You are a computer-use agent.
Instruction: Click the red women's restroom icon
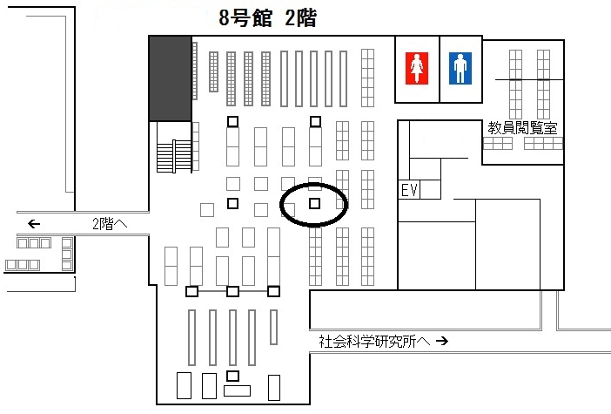click(417, 67)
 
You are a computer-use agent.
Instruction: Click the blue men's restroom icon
click(460, 67)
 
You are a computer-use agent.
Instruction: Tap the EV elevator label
click(410, 191)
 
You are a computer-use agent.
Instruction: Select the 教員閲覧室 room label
click(522, 128)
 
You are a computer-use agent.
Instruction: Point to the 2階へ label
click(110, 223)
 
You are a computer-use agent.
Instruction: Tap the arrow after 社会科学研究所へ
click(441, 341)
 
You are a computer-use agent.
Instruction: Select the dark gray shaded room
click(170, 78)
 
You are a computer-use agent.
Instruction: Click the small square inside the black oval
click(314, 204)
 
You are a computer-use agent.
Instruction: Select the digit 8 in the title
click(225, 18)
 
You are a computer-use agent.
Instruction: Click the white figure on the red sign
click(417, 67)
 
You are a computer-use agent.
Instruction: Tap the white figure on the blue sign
click(460, 67)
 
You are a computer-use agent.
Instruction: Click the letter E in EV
click(405, 191)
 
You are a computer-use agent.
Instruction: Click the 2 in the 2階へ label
click(97, 223)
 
